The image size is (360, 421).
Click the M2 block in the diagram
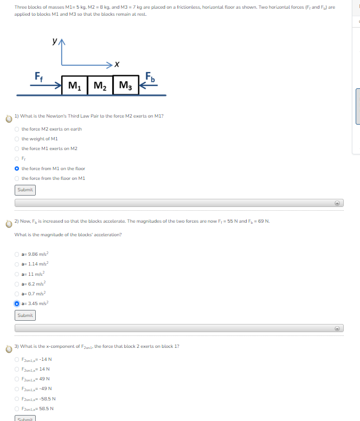click(100, 86)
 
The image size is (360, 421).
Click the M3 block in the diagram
click(125, 86)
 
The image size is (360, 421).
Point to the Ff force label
click(39, 75)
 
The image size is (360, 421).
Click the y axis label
click(54, 41)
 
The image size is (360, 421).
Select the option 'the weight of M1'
click(17, 139)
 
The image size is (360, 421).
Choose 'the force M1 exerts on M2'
click(17, 148)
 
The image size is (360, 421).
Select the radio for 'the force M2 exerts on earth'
click(17, 129)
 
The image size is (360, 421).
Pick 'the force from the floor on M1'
click(17, 178)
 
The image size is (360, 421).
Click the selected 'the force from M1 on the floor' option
click(17, 169)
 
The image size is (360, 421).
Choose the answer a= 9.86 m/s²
click(17, 254)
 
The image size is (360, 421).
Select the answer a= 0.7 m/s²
click(17, 293)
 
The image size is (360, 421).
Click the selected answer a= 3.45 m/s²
click(17, 303)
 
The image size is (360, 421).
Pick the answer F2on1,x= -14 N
click(17, 359)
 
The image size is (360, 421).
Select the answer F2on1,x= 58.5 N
click(17, 409)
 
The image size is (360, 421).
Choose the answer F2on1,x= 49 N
click(17, 379)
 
